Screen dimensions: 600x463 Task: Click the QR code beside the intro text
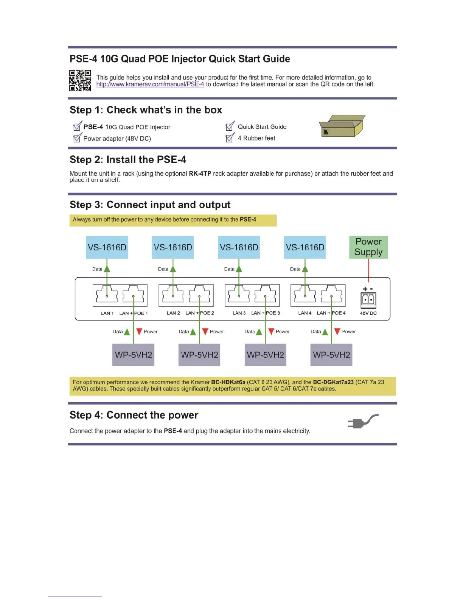[80, 80]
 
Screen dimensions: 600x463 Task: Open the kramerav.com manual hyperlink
[150, 84]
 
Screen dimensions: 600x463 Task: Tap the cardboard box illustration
[342, 126]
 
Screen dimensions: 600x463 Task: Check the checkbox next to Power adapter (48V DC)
[77, 138]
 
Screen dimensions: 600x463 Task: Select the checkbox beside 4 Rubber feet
[230, 138]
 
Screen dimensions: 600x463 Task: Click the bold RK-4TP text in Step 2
[200, 173]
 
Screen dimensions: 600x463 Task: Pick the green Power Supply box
[368, 247]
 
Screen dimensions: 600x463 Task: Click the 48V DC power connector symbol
[368, 300]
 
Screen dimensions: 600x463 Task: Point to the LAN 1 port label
[107, 313]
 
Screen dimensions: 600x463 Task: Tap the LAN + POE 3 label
[266, 313]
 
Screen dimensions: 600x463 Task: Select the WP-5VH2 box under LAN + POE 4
[331, 355]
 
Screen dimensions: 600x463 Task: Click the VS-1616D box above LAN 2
[173, 247]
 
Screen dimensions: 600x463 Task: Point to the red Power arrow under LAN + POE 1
[139, 331]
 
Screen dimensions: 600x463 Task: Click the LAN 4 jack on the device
[305, 295]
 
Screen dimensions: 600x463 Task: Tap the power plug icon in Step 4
[362, 422]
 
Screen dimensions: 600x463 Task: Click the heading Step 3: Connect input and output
[150, 205]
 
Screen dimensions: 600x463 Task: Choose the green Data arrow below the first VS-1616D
[107, 269]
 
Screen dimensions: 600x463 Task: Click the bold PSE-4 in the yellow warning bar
[248, 219]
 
